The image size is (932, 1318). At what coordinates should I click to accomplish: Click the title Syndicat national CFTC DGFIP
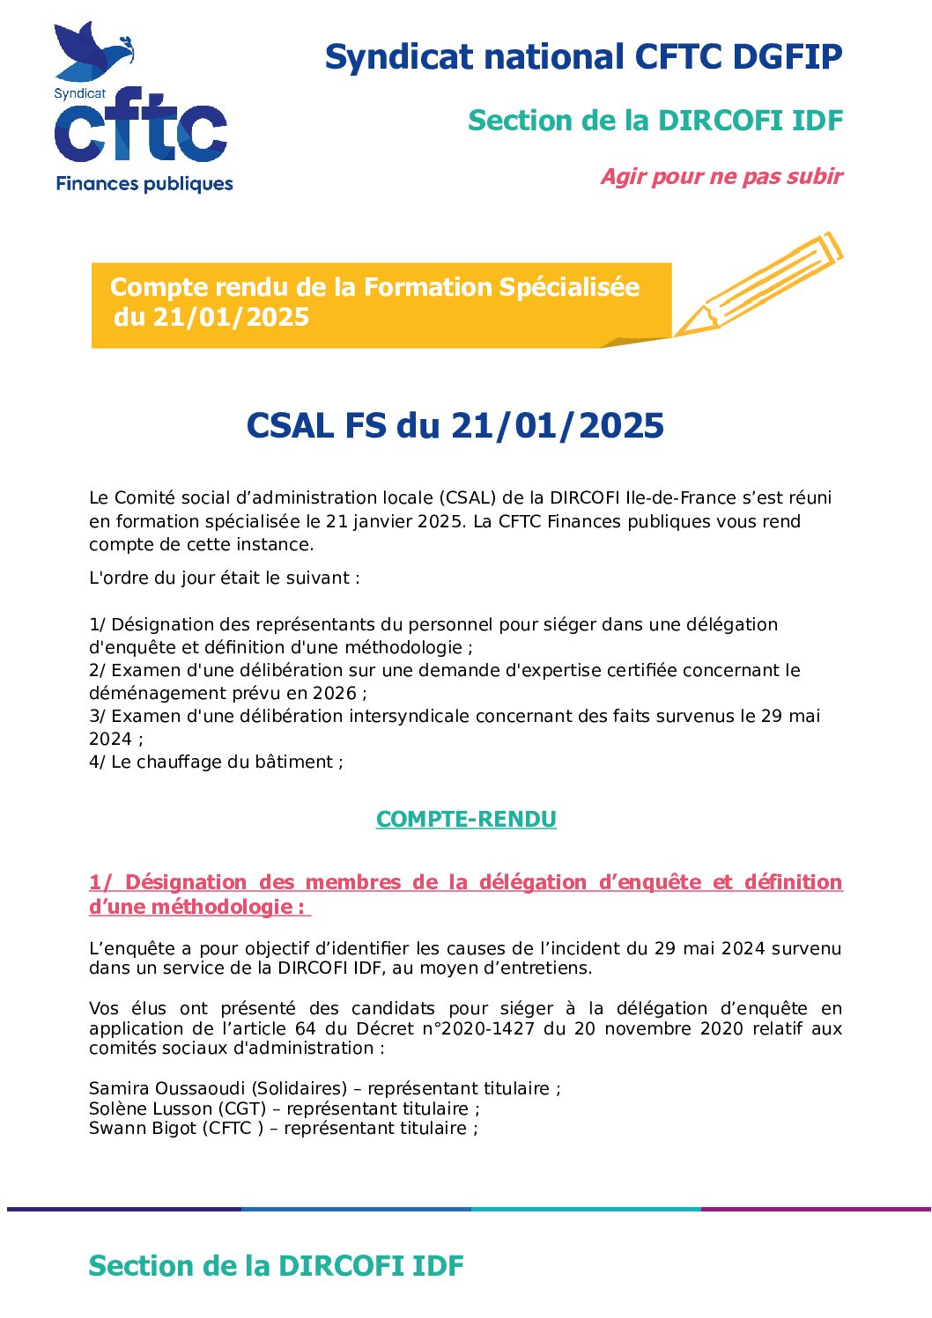click(x=583, y=57)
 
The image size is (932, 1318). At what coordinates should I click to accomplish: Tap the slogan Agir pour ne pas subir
click(x=721, y=177)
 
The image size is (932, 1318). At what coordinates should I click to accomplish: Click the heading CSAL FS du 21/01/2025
click(x=455, y=426)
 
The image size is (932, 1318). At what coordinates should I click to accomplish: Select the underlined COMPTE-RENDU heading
click(x=466, y=820)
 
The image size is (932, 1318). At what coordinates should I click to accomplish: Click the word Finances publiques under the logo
click(x=144, y=184)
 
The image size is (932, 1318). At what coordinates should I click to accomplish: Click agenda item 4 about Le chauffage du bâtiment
click(x=216, y=762)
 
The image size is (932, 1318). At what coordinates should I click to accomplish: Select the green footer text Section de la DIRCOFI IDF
click(x=276, y=1266)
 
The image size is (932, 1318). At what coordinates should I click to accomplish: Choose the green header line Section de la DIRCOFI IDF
click(x=655, y=121)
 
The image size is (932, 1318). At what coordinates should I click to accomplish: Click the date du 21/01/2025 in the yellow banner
click(x=211, y=318)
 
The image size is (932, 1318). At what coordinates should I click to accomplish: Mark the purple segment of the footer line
click(x=816, y=1210)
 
